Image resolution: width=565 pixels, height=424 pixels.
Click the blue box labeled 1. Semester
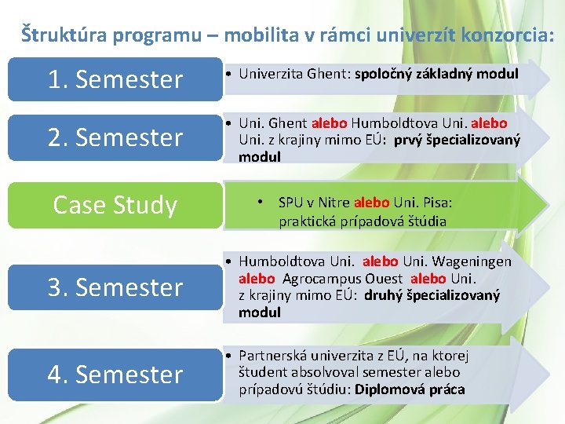tap(115, 79)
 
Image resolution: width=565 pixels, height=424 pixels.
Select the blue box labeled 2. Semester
tap(115, 137)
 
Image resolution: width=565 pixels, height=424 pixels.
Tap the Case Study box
tap(115, 204)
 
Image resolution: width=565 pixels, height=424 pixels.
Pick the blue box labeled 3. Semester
tap(115, 287)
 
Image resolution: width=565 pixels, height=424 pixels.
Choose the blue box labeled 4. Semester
tap(115, 374)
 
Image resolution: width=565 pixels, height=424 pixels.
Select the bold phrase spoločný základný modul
tap(436, 74)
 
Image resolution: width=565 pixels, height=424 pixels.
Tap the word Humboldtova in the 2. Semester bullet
tap(388, 123)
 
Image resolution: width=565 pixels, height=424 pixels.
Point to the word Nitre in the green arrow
tap(331, 203)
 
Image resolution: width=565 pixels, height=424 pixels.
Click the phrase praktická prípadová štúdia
tap(363, 221)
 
